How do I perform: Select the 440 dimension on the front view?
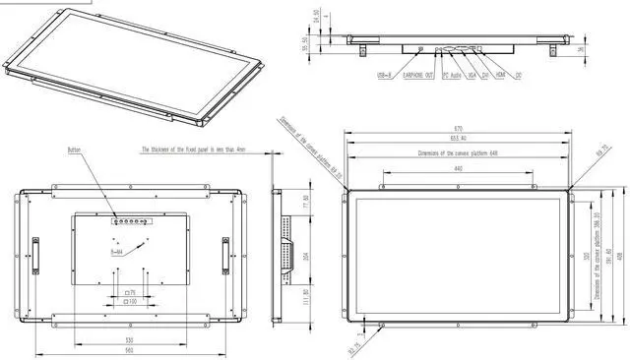[x=459, y=170]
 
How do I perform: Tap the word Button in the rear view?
[x=76, y=150]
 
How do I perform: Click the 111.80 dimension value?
[x=304, y=296]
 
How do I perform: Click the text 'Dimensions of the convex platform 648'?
[x=459, y=152]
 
